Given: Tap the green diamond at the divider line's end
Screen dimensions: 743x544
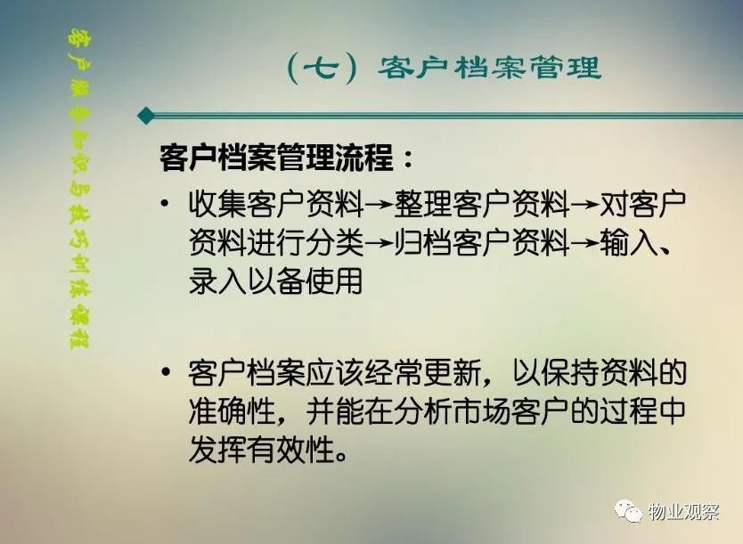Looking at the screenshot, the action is [x=146, y=115].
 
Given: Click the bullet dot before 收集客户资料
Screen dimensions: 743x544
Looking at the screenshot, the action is [x=165, y=205].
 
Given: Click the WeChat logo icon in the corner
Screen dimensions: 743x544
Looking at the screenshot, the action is [x=629, y=511].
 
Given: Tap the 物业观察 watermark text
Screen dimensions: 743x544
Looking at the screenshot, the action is [x=683, y=511].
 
